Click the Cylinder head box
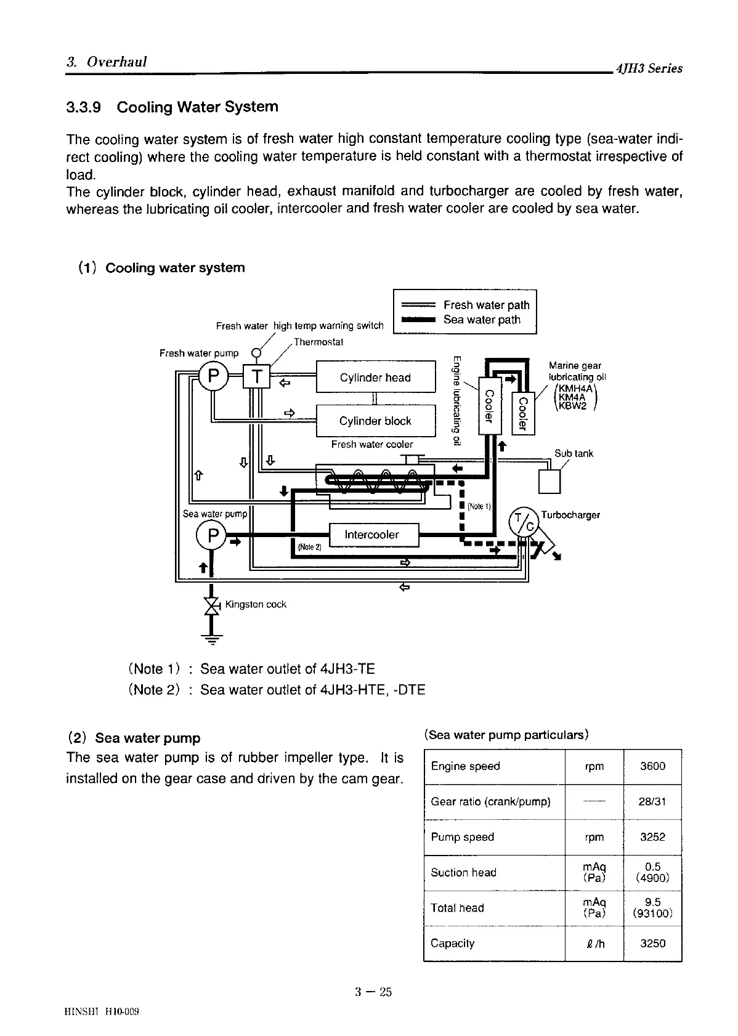(375, 377)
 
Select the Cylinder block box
(375, 421)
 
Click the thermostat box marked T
(257, 376)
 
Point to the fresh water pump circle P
(214, 376)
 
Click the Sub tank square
(549, 481)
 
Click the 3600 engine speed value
(652, 766)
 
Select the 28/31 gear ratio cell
(652, 802)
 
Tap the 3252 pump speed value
(652, 837)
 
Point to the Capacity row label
(453, 944)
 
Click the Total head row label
(458, 908)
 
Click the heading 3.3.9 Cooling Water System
(172, 107)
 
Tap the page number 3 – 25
(373, 992)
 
